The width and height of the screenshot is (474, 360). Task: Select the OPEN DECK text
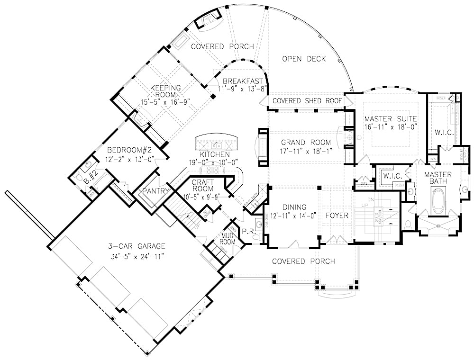tap(304, 59)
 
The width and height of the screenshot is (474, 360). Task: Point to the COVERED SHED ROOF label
tap(309, 100)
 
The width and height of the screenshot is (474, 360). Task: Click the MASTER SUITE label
tap(391, 118)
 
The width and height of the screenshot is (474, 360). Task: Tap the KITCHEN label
tap(215, 154)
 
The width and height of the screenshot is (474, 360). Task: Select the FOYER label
tap(337, 215)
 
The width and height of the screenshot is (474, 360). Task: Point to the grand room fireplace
tap(262, 146)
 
